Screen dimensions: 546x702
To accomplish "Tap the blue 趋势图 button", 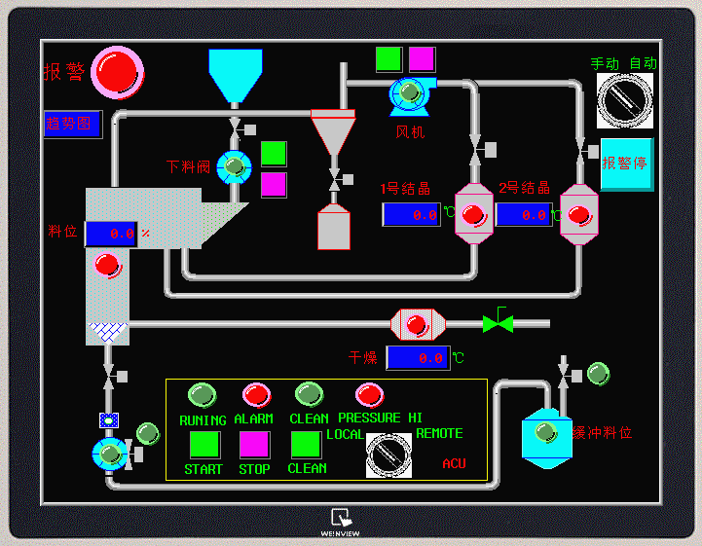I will click(x=72, y=124).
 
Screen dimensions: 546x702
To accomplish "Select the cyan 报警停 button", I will click(x=626, y=164).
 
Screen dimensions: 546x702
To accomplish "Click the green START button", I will click(x=203, y=445).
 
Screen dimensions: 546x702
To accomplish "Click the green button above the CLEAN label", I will click(x=306, y=445).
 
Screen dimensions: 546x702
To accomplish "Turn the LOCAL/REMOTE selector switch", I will click(x=388, y=454).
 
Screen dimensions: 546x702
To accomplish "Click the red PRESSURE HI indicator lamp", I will click(x=369, y=394).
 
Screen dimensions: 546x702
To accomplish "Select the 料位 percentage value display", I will click(x=111, y=234).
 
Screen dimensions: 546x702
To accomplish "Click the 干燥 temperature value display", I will click(x=418, y=357).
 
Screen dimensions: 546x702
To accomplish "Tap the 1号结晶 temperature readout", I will click(x=411, y=214).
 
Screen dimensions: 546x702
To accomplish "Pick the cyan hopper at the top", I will click(x=236, y=74).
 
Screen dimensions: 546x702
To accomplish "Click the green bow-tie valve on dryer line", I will click(x=498, y=323).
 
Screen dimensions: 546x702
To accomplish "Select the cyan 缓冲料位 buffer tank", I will click(x=545, y=433).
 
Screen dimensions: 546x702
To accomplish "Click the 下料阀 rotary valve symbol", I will click(x=234, y=166).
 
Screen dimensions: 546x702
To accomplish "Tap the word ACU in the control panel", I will click(x=454, y=464).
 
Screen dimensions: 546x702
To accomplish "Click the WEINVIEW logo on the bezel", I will click(x=342, y=522).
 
